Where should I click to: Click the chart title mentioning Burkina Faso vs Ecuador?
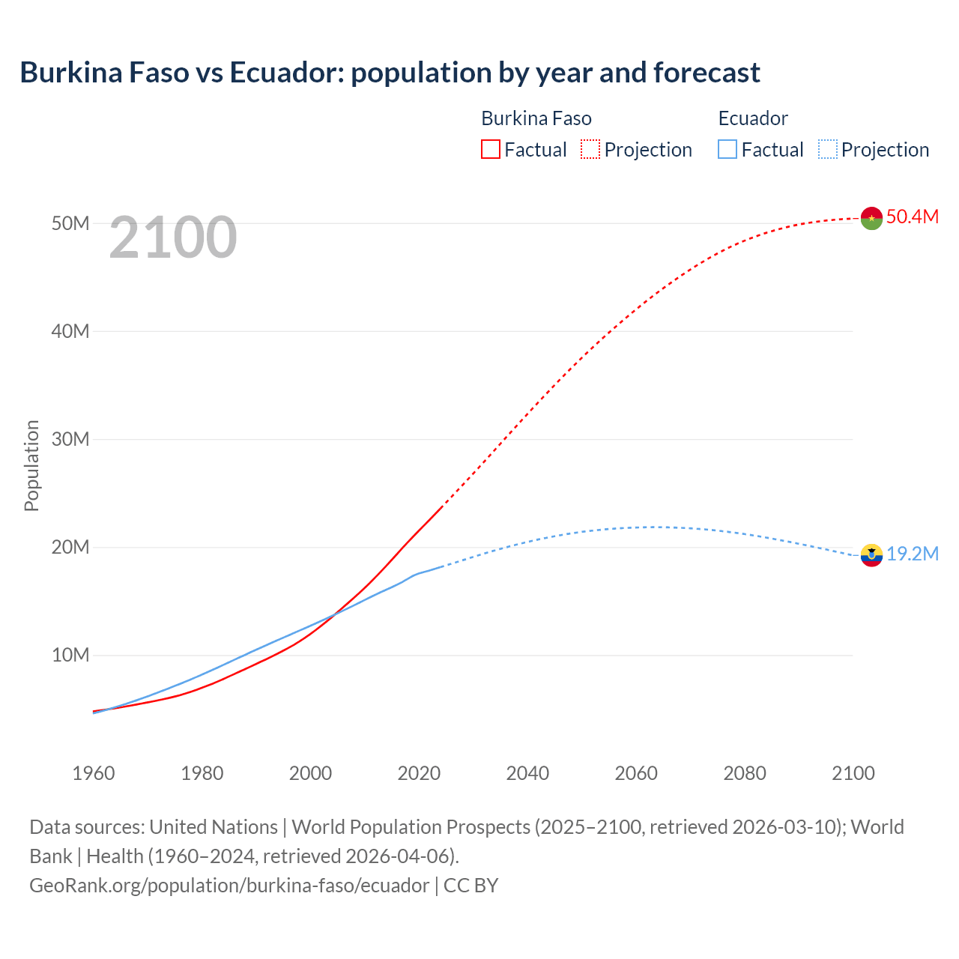(x=390, y=73)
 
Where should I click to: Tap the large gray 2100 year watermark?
(x=173, y=238)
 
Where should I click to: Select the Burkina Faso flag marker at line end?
(x=871, y=218)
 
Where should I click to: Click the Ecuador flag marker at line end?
(x=871, y=555)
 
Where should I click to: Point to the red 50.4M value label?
(x=912, y=217)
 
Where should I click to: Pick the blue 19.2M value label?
(x=912, y=554)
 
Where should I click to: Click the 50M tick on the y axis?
(x=70, y=223)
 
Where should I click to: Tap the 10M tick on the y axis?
(x=70, y=655)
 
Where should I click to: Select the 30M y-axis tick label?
(x=70, y=439)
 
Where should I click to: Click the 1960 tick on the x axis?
(x=94, y=773)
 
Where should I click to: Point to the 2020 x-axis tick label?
(x=419, y=773)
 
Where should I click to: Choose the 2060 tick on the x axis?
(x=636, y=773)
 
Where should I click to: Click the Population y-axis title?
(x=31, y=465)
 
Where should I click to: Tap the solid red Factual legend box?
(x=490, y=150)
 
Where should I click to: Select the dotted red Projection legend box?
(x=590, y=150)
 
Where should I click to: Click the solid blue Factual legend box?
(x=727, y=150)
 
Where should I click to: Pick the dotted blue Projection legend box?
(x=828, y=150)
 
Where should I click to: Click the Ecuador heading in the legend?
(x=753, y=118)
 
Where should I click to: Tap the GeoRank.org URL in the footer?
(x=229, y=886)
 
